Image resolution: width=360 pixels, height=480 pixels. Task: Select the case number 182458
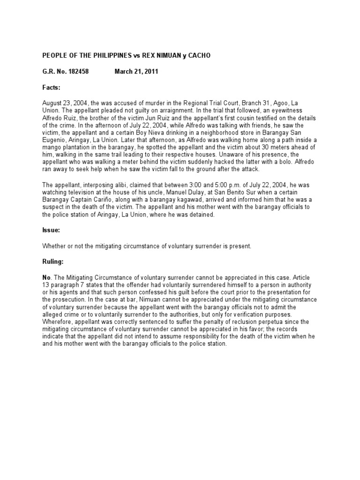tap(77, 72)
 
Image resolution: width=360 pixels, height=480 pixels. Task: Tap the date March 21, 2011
tap(136, 72)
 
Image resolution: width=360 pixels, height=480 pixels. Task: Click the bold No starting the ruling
tap(46, 278)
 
